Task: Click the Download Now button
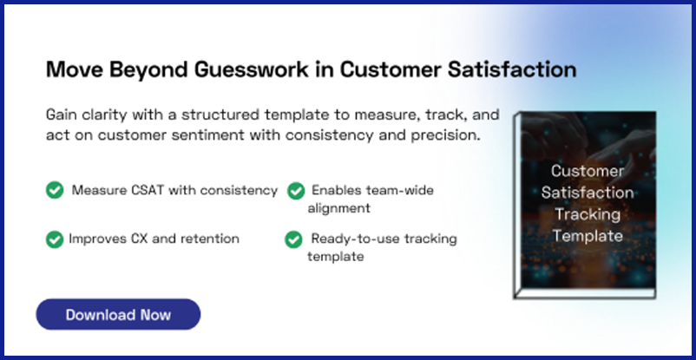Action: (x=118, y=314)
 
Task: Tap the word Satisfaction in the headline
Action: (x=512, y=69)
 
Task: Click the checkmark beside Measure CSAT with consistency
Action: (x=55, y=190)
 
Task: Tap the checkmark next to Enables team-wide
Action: (x=296, y=190)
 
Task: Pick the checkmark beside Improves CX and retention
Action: (x=55, y=239)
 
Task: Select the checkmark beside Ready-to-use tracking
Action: (x=293, y=239)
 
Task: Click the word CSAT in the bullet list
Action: (x=148, y=190)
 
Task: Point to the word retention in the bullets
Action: (x=209, y=238)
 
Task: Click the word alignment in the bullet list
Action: (x=338, y=208)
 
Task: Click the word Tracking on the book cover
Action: (x=588, y=214)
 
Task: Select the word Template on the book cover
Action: (x=588, y=235)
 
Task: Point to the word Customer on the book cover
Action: (x=588, y=171)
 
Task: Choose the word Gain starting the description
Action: (x=62, y=116)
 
